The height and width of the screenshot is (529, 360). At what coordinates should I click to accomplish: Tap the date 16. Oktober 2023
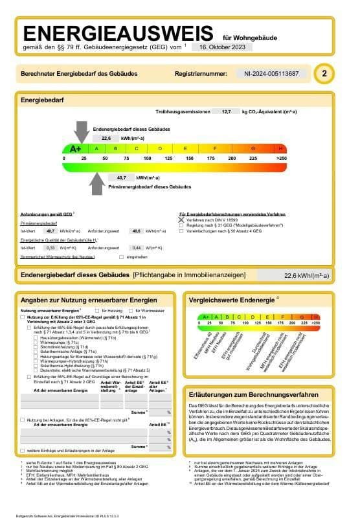(221, 47)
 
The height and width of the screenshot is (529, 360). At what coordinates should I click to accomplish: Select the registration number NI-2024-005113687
(276, 74)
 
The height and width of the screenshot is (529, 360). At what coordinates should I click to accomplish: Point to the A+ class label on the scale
(75, 149)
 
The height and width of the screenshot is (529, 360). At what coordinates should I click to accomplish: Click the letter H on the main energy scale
(280, 149)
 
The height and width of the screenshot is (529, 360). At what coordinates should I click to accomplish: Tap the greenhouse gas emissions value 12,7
(226, 111)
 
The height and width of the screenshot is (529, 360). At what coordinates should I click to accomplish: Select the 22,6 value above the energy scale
(106, 138)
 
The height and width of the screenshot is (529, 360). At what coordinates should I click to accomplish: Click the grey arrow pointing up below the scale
(96, 184)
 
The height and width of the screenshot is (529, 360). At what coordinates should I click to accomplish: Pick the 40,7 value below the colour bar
(121, 177)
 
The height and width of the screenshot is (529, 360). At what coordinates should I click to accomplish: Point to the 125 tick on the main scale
(168, 158)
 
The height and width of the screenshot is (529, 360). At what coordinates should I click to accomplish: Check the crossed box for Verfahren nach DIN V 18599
(181, 220)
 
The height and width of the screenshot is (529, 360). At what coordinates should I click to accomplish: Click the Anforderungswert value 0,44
(137, 248)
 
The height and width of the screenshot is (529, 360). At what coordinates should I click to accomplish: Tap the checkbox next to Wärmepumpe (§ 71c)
(35, 343)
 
